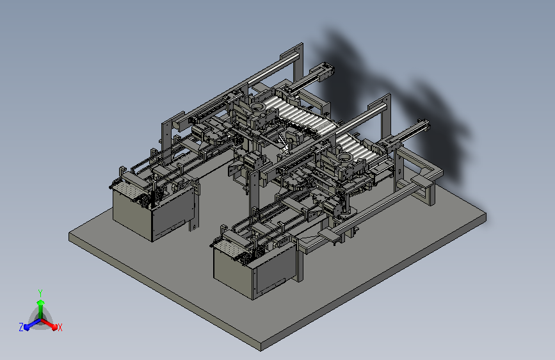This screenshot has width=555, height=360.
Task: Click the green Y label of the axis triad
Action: [40, 293]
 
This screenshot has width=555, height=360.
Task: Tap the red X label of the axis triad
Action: [60, 327]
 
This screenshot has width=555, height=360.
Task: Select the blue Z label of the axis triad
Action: [21, 327]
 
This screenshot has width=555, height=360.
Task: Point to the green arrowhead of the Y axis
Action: [40, 302]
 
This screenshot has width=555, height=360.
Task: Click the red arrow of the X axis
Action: [49, 323]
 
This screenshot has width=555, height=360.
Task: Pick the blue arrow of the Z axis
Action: [32, 323]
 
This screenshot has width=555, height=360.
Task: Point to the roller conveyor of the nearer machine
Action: [357, 145]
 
